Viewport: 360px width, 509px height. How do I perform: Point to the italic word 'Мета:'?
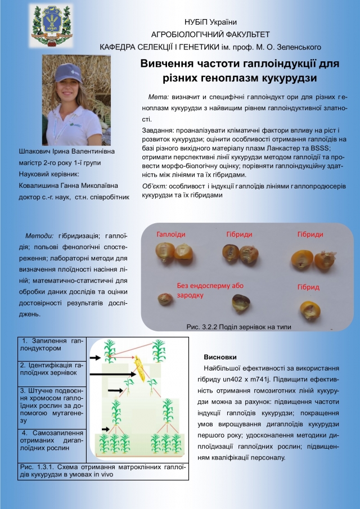point(158,97)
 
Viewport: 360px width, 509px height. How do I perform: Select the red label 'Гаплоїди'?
point(171,234)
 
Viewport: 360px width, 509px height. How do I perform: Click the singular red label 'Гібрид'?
point(308,287)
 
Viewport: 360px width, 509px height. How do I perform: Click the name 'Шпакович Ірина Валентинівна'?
point(66,152)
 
